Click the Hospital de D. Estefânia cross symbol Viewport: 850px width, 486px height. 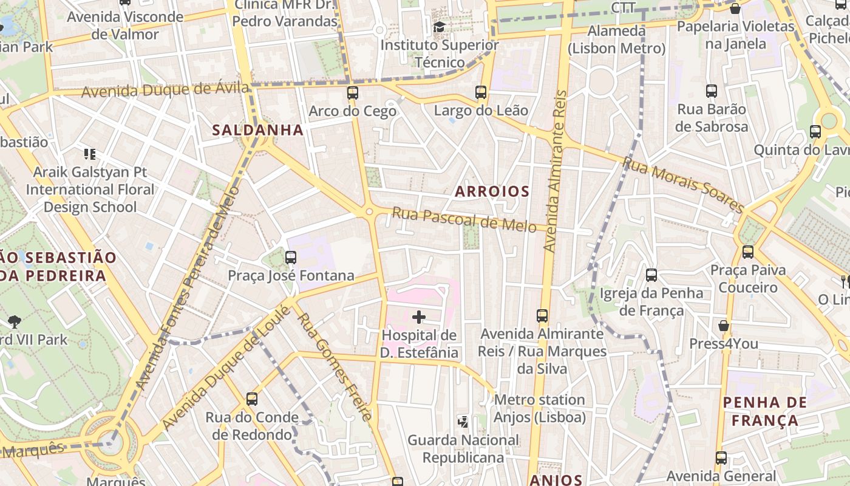[419, 317]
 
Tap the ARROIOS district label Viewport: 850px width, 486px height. [492, 192]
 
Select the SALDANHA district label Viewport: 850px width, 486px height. [257, 130]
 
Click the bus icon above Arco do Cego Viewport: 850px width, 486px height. [352, 93]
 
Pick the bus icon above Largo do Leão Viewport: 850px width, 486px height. [481, 92]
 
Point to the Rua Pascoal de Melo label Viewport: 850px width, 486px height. [464, 219]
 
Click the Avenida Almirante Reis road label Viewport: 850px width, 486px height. [556, 171]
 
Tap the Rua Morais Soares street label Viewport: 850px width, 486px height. [683, 185]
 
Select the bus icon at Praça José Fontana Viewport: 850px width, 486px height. [291, 258]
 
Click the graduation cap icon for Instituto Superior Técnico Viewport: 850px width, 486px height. [439, 27]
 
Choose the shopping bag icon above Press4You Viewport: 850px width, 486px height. [724, 326]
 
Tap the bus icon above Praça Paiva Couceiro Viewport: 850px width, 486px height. [748, 252]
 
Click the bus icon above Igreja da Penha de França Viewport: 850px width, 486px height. [651, 275]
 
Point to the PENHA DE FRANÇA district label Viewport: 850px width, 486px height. [765, 411]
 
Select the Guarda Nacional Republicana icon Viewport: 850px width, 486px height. [463, 422]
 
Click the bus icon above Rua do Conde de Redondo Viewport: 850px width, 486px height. [252, 399]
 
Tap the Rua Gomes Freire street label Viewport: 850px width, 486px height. [334, 367]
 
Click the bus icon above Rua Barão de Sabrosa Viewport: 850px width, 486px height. [712, 91]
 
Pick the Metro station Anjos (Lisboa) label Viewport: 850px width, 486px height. [539, 409]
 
